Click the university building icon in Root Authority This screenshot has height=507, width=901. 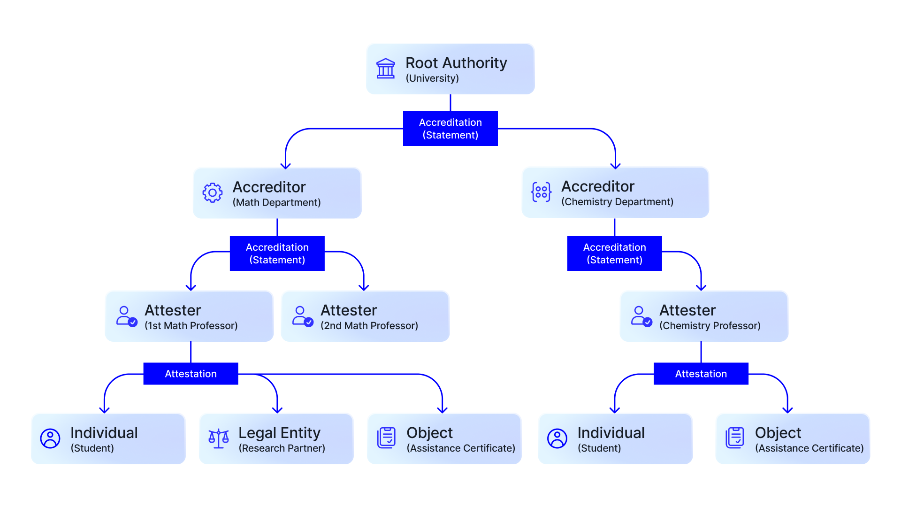(x=386, y=69)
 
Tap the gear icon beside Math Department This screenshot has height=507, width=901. (x=213, y=193)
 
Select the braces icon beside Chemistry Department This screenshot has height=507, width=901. (x=541, y=192)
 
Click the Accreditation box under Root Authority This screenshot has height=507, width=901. (x=450, y=129)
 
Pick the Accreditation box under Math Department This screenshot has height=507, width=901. (x=277, y=253)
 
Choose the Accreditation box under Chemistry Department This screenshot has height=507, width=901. (x=615, y=253)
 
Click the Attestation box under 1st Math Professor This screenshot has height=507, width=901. (x=191, y=374)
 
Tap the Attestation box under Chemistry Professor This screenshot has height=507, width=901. (x=701, y=374)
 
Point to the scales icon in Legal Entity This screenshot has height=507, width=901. (x=219, y=438)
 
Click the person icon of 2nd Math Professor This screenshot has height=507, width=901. (x=303, y=316)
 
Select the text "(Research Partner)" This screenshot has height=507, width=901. (x=282, y=448)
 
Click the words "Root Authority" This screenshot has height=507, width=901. (x=456, y=63)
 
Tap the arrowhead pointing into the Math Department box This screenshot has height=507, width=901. (x=286, y=166)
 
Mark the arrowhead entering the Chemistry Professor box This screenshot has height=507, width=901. (x=701, y=288)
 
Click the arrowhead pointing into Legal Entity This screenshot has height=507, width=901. (x=277, y=410)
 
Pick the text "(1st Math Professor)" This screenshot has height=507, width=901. (x=191, y=326)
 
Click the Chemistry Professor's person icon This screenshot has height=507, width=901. (x=641, y=316)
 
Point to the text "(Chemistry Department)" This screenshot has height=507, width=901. (x=618, y=202)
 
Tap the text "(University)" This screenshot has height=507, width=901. (x=432, y=78)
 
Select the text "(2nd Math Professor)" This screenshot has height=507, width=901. (x=369, y=326)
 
